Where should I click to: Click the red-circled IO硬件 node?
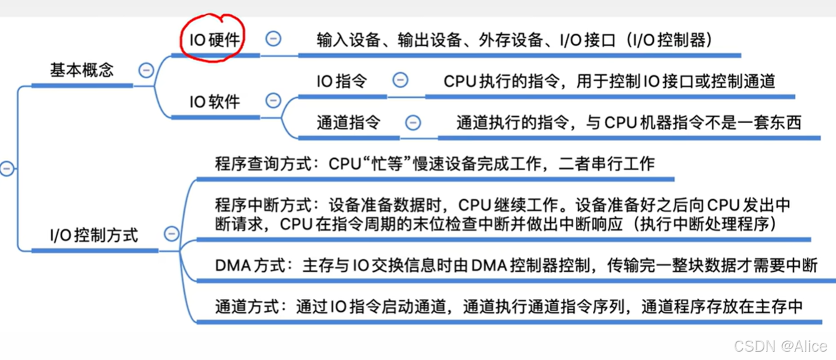pyautogui.click(x=215, y=39)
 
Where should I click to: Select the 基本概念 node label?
pyautogui.click(x=82, y=70)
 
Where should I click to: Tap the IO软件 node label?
pyautogui.click(x=215, y=102)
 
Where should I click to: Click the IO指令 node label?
pyautogui.click(x=342, y=81)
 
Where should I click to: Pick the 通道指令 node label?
pyautogui.click(x=348, y=123)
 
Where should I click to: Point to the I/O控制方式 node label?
pyautogui.click(x=94, y=236)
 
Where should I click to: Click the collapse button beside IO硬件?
pyautogui.click(x=273, y=39)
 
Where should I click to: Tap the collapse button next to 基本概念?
pyautogui.click(x=146, y=70)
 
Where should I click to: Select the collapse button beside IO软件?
pyautogui.click(x=273, y=101)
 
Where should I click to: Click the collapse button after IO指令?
pyautogui.click(x=400, y=81)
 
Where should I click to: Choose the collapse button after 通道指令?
pyautogui.click(x=413, y=123)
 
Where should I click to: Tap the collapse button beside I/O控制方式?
pyautogui.click(x=171, y=234)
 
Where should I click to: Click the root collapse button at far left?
pyautogui.click(x=6, y=169)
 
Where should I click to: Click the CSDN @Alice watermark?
pyautogui.click(x=780, y=346)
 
